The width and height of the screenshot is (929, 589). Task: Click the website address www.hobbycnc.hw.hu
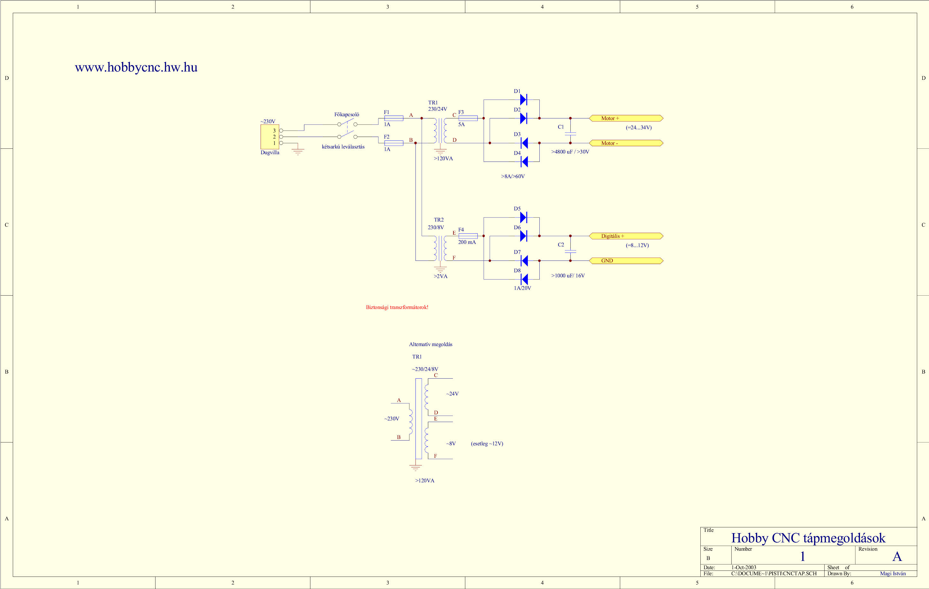point(136,67)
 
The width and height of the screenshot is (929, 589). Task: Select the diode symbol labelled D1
point(523,100)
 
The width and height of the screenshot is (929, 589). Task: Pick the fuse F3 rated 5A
point(468,118)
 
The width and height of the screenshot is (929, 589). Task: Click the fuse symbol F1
point(394,118)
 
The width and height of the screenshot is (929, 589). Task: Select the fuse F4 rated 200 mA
point(468,236)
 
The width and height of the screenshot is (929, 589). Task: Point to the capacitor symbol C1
point(570,134)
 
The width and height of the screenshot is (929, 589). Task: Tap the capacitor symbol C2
point(570,252)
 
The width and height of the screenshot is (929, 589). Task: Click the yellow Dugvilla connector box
point(270,137)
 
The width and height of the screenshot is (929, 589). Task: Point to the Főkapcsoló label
point(346,115)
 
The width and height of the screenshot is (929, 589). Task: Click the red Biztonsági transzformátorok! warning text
point(397,307)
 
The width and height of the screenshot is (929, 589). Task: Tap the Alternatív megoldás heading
point(430,344)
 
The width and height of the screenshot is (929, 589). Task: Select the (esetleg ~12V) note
point(487,443)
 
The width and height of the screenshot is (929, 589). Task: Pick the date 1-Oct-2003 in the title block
point(744,567)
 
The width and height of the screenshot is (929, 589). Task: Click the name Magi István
point(893,574)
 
